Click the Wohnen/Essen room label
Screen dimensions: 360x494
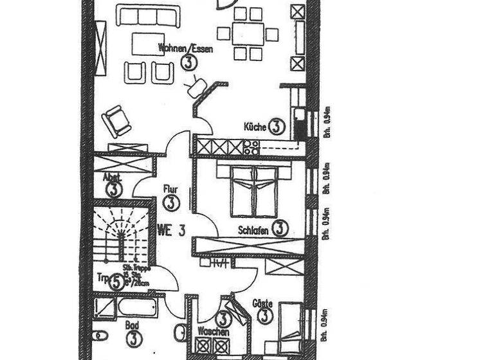(x=185, y=48)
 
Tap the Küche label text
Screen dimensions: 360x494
(x=255, y=127)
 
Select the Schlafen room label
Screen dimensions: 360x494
(x=253, y=230)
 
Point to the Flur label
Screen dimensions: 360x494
(x=170, y=190)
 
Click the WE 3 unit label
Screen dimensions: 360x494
(x=171, y=231)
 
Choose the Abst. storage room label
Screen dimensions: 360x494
(x=111, y=177)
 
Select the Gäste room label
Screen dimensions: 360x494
(x=262, y=303)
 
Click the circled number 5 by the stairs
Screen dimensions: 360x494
(x=116, y=282)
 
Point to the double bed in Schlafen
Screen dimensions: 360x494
(x=254, y=191)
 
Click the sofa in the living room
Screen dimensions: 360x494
(x=148, y=15)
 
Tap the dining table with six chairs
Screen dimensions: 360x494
(x=248, y=33)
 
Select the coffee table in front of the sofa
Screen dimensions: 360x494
(x=149, y=44)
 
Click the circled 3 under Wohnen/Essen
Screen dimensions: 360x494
(x=188, y=62)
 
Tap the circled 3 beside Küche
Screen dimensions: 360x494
(x=277, y=127)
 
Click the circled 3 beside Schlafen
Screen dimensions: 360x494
(x=280, y=228)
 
